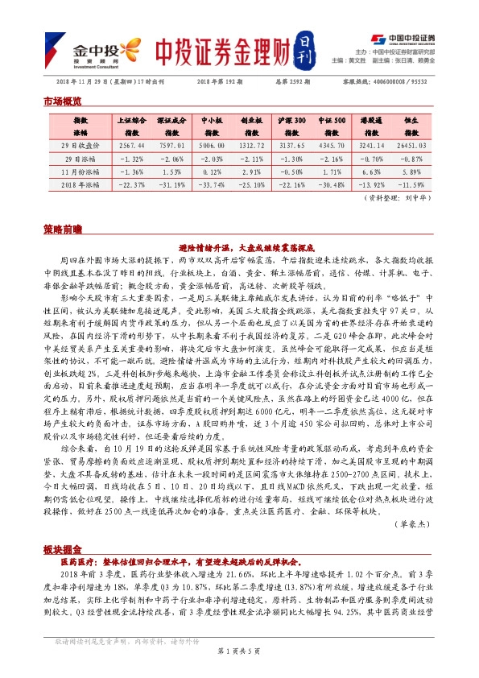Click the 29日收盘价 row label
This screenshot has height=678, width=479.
[80, 144]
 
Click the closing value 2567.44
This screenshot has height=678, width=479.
[131, 144]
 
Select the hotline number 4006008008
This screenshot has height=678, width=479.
[393, 81]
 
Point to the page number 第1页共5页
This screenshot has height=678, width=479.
[239, 670]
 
